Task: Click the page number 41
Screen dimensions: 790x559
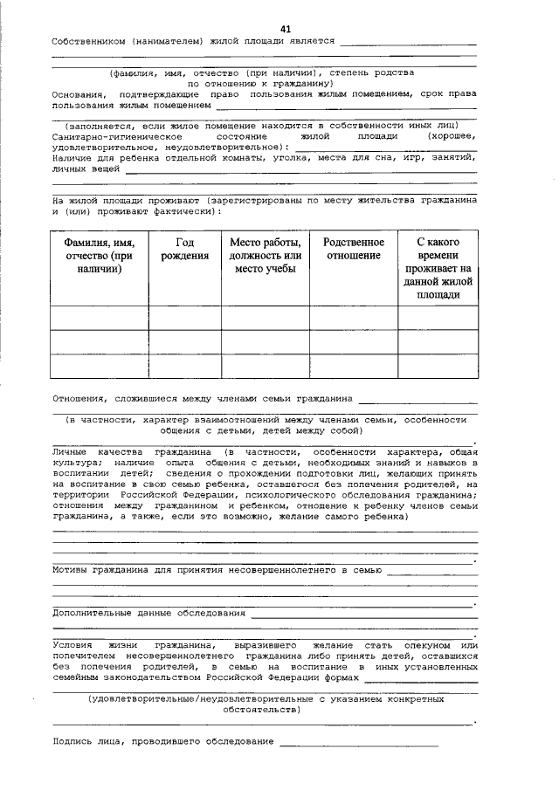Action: coord(286,29)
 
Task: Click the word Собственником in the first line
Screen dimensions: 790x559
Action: coord(87,41)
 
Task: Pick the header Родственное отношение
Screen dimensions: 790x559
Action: coord(353,249)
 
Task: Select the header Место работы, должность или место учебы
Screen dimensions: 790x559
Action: coord(265,255)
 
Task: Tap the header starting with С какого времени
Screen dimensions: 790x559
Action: coord(438,268)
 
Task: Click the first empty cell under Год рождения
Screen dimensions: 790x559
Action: coord(184,318)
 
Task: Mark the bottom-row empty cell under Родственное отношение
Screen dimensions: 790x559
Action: coord(353,366)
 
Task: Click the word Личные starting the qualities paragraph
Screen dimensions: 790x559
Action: coord(73,452)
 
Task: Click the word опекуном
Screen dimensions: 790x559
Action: coord(434,644)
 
